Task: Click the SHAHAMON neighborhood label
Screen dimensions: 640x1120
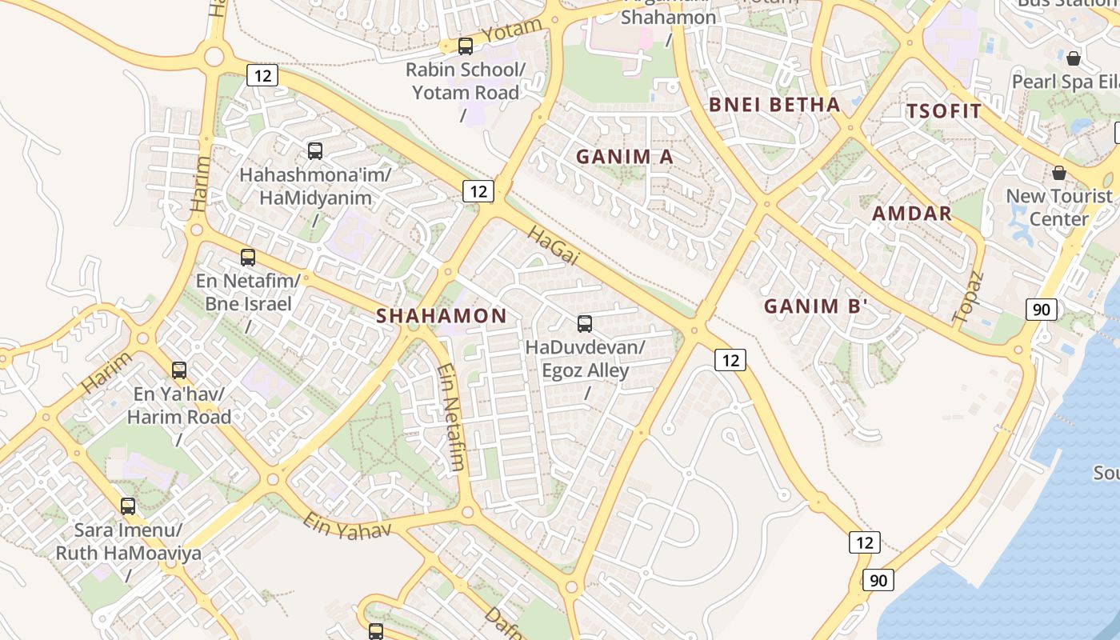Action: point(442,316)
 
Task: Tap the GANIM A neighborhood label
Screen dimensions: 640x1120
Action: point(625,157)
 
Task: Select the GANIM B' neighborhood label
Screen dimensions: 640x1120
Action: point(815,306)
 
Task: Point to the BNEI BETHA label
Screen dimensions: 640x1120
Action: point(774,105)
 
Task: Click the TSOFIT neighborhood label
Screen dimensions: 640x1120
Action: point(943,111)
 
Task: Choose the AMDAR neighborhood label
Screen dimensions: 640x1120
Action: point(912,214)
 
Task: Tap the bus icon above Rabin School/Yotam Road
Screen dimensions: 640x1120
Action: point(466,46)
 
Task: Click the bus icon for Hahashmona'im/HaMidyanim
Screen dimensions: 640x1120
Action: point(315,150)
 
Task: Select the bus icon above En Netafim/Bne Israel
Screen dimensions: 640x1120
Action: point(248,258)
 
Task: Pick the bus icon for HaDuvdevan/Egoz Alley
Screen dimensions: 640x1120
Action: point(585,324)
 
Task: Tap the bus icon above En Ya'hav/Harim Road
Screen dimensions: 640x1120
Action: point(179,370)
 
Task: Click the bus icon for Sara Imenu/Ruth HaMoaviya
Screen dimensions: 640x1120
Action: point(128,506)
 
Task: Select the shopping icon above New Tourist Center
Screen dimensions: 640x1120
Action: point(1059,173)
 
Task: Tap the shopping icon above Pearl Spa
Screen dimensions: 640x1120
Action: point(1074,58)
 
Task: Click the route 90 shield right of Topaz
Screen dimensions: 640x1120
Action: point(1042,310)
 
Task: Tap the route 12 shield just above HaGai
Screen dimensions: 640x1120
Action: point(478,191)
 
